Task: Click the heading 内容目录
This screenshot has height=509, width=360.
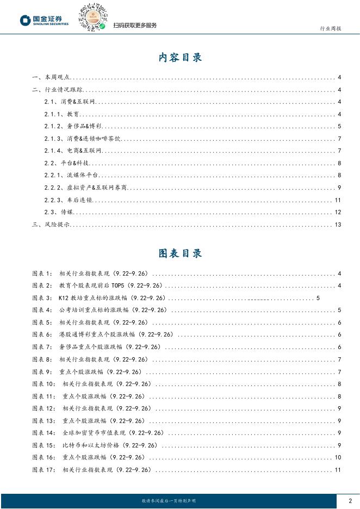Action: (x=180, y=58)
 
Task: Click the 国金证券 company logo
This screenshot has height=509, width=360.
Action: (x=44, y=21)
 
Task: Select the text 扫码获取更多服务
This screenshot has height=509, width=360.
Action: (x=135, y=26)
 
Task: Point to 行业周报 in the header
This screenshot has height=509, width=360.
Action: (x=330, y=28)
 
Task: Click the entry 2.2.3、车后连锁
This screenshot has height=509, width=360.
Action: (x=69, y=200)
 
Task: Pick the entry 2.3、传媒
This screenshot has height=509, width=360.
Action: (x=59, y=212)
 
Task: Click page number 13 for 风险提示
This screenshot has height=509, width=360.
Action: (x=338, y=225)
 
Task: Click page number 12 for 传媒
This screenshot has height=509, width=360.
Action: (x=338, y=212)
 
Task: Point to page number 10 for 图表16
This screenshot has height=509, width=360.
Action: (x=338, y=458)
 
